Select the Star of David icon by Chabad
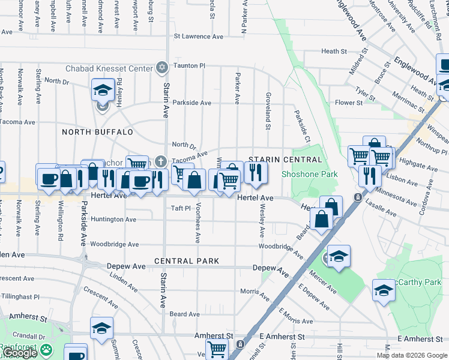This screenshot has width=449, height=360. [x=161, y=68]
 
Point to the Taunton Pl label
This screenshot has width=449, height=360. [x=190, y=65]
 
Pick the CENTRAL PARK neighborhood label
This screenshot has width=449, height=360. [x=185, y=262]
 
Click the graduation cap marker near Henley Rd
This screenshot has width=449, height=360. [x=103, y=91]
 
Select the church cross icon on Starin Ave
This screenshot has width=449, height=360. [x=161, y=161]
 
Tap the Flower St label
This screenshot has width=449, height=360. [x=349, y=103]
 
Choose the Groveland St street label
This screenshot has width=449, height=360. [x=268, y=110]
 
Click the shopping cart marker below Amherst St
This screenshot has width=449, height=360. [x=217, y=349]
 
